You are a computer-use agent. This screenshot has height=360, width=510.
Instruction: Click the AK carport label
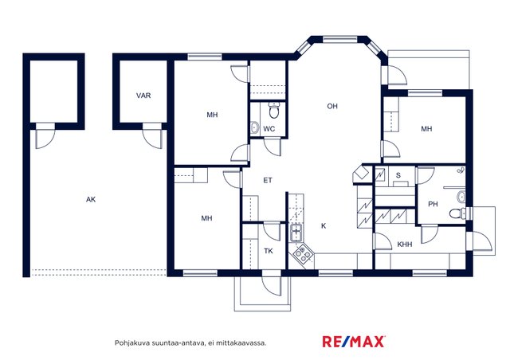pyautogui.click(x=91, y=199)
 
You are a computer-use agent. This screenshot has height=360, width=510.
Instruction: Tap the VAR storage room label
pyautogui.click(x=143, y=96)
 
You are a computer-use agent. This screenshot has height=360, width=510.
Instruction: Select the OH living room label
pyautogui.click(x=332, y=106)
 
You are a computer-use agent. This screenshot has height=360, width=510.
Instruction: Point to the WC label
pyautogui.click(x=269, y=129)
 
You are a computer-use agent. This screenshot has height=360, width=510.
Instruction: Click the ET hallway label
pyautogui.click(x=268, y=180)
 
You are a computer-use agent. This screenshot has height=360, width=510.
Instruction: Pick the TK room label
pyautogui.click(x=269, y=251)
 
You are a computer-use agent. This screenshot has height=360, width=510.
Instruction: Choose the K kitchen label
pyautogui.click(x=324, y=225)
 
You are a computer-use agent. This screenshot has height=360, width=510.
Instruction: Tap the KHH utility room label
pyautogui.click(x=405, y=245)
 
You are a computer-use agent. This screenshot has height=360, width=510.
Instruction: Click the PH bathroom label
pyautogui.click(x=433, y=204)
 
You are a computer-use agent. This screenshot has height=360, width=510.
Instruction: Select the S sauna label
pyautogui.click(x=398, y=175)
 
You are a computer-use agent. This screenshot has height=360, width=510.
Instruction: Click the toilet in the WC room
pyautogui.click(x=274, y=110)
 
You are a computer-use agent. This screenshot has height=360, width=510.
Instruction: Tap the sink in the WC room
pyautogui.click(x=255, y=127)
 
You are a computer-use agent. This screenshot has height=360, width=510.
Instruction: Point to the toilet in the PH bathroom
pyautogui.click(x=457, y=213)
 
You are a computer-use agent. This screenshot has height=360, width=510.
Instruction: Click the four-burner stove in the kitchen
pyautogui.click(x=303, y=254)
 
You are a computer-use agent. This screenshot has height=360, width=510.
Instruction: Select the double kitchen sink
pyautogui.click(x=296, y=233)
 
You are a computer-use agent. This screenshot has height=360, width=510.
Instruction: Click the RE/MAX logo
pyautogui.click(x=354, y=342)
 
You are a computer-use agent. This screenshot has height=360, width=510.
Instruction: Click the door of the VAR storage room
pyautogui.click(x=152, y=135)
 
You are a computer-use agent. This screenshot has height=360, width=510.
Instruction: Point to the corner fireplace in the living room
pyautogui.click(x=361, y=174)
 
